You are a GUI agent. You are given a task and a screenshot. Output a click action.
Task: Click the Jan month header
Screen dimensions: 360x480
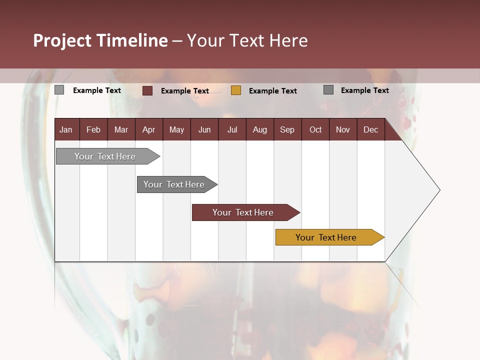66,129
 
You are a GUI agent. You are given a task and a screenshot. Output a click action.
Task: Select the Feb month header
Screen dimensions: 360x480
93,129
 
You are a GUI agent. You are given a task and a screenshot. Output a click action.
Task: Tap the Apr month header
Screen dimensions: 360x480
148,129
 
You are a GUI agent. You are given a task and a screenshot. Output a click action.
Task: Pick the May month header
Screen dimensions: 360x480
176,129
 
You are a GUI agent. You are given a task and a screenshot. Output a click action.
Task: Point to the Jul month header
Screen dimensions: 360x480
232,129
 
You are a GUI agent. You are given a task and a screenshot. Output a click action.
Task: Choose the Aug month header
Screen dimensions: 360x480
259,129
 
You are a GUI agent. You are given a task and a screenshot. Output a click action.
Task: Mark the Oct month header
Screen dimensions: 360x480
315,129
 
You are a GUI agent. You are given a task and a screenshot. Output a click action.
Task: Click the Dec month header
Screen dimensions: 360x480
370,129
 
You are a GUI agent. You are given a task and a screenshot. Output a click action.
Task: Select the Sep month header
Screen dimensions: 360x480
287,129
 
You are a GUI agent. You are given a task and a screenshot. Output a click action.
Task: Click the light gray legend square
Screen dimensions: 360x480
59,90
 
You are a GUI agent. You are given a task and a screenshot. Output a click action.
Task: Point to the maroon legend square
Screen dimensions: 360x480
147,90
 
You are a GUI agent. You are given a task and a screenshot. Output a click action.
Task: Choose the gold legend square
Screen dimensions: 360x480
236,90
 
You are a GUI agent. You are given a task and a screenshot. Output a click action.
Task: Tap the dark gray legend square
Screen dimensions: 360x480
328,90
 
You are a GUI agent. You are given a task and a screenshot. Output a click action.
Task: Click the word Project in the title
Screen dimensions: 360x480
62,40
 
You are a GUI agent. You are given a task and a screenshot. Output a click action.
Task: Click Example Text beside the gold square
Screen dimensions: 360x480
272,91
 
